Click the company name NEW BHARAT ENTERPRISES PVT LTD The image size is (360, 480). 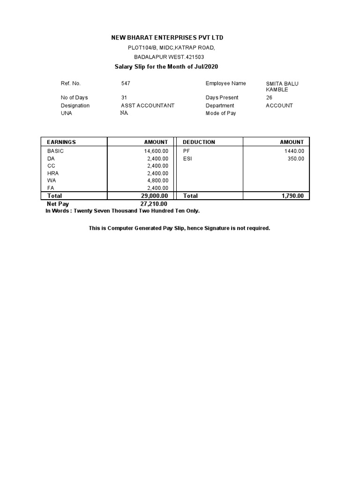[x=167, y=37]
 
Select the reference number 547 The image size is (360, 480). [x=126, y=83]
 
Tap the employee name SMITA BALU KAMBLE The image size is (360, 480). [x=282, y=87]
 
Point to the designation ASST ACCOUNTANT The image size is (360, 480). [x=147, y=105]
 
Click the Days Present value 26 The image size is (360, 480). [x=269, y=97]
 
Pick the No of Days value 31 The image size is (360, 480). [x=124, y=97]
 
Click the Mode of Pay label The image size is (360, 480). [x=220, y=113]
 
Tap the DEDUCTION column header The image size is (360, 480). [x=199, y=142]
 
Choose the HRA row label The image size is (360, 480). [x=53, y=173]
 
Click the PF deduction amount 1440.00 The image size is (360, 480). [x=294, y=151]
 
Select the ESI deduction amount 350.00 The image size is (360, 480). [x=296, y=159]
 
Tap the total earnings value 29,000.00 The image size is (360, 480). [x=154, y=196]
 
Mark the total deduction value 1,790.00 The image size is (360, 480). [x=292, y=196]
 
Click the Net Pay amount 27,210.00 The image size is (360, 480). [x=154, y=204]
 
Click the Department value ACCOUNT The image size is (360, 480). [x=279, y=105]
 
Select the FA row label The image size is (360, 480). [x=51, y=188]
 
